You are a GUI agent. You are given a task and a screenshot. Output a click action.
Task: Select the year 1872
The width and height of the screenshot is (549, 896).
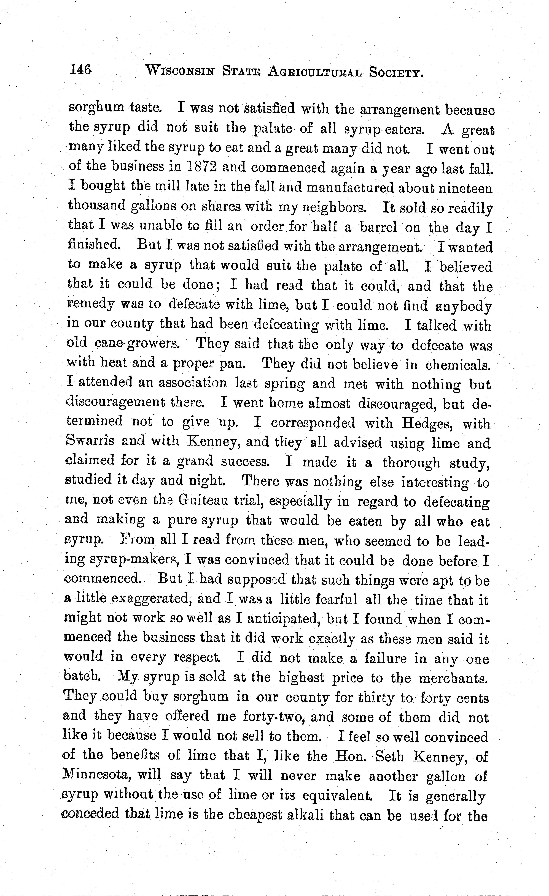tap(202, 167)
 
